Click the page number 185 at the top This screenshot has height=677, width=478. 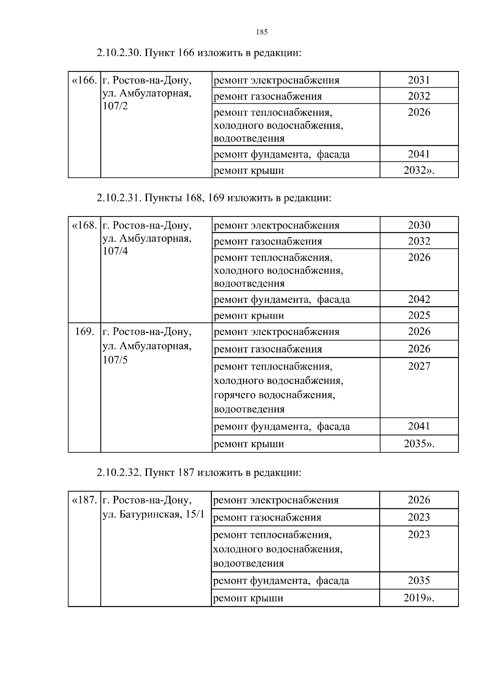261,32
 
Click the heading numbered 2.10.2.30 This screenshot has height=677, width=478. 198,53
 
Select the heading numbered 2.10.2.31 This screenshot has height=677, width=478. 214,198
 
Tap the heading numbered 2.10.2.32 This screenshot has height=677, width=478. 198,472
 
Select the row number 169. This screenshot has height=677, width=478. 84,332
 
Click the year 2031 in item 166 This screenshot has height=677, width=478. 419,80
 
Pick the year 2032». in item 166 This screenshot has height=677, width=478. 419,171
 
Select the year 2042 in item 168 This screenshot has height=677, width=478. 419,299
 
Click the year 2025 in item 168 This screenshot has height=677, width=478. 419,316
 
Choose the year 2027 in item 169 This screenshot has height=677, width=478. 419,366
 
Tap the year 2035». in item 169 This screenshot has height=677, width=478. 419,444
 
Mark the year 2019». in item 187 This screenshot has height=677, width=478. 419,598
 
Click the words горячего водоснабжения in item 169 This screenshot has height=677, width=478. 274,395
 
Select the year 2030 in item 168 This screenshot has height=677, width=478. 419,225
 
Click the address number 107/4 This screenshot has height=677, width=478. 115,252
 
